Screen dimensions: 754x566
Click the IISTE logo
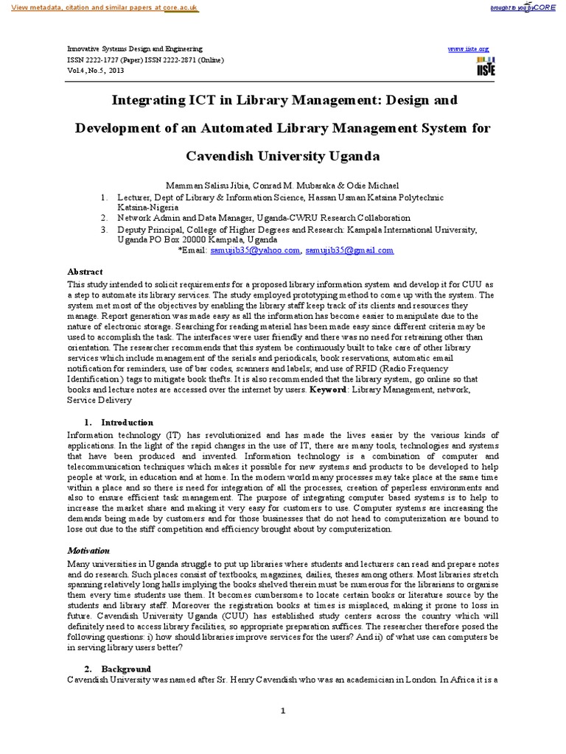click(486, 66)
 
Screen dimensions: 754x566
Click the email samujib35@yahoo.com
click(262, 250)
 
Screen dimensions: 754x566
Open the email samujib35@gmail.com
click(349, 250)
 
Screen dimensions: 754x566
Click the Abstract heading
click(85, 272)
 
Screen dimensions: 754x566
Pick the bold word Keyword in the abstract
click(326, 390)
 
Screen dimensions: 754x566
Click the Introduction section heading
click(127, 423)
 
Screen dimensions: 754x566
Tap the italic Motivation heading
click(88, 551)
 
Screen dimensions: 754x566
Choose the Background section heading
click(126, 669)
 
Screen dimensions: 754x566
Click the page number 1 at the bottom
click(282, 711)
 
